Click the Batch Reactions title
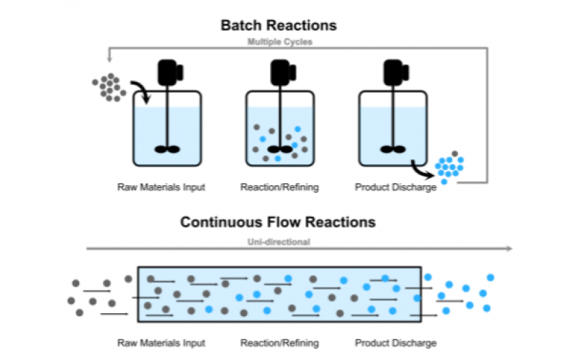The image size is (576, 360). [x=279, y=26]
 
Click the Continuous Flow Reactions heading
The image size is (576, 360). [x=278, y=222]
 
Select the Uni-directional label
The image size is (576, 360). [x=278, y=242]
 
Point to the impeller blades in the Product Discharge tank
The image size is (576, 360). [x=392, y=149]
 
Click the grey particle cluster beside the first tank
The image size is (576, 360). [x=109, y=87]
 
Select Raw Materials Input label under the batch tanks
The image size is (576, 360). [x=161, y=187]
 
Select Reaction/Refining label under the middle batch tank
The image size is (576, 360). [x=279, y=187]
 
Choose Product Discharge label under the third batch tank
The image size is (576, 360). [x=395, y=187]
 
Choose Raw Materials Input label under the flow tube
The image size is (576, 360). [x=161, y=343]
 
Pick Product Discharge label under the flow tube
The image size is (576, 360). [x=395, y=343]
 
